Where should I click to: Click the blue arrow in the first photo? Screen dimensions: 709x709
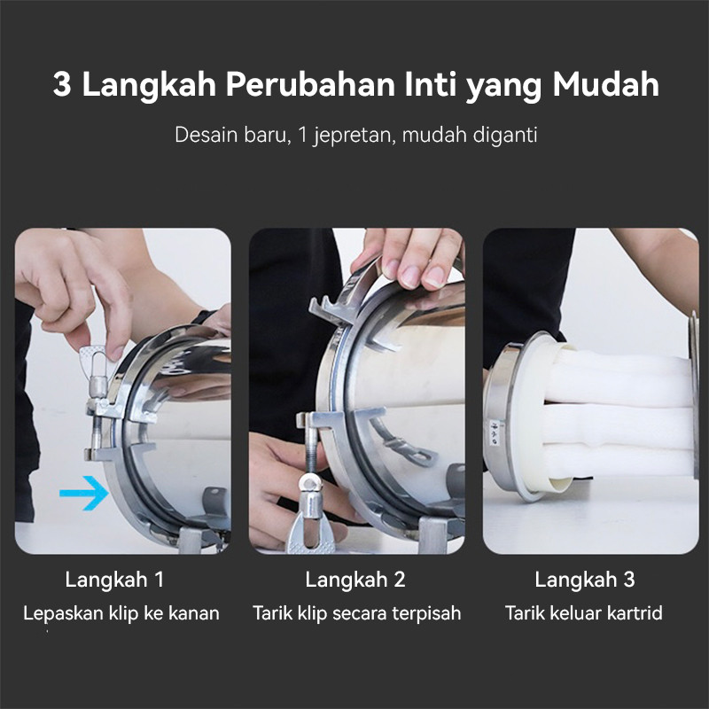point(84,493)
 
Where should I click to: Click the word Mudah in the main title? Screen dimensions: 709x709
point(605,84)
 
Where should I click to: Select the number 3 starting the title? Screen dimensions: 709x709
point(62,84)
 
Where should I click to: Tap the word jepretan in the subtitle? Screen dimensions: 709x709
point(350,135)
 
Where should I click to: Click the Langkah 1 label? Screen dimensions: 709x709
point(114,580)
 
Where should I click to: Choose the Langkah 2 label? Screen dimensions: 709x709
point(355,580)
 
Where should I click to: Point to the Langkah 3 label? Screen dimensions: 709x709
point(585,580)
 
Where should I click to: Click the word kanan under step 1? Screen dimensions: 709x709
point(194,613)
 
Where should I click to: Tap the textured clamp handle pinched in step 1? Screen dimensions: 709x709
point(94,362)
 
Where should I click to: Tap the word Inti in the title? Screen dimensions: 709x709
point(430,84)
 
